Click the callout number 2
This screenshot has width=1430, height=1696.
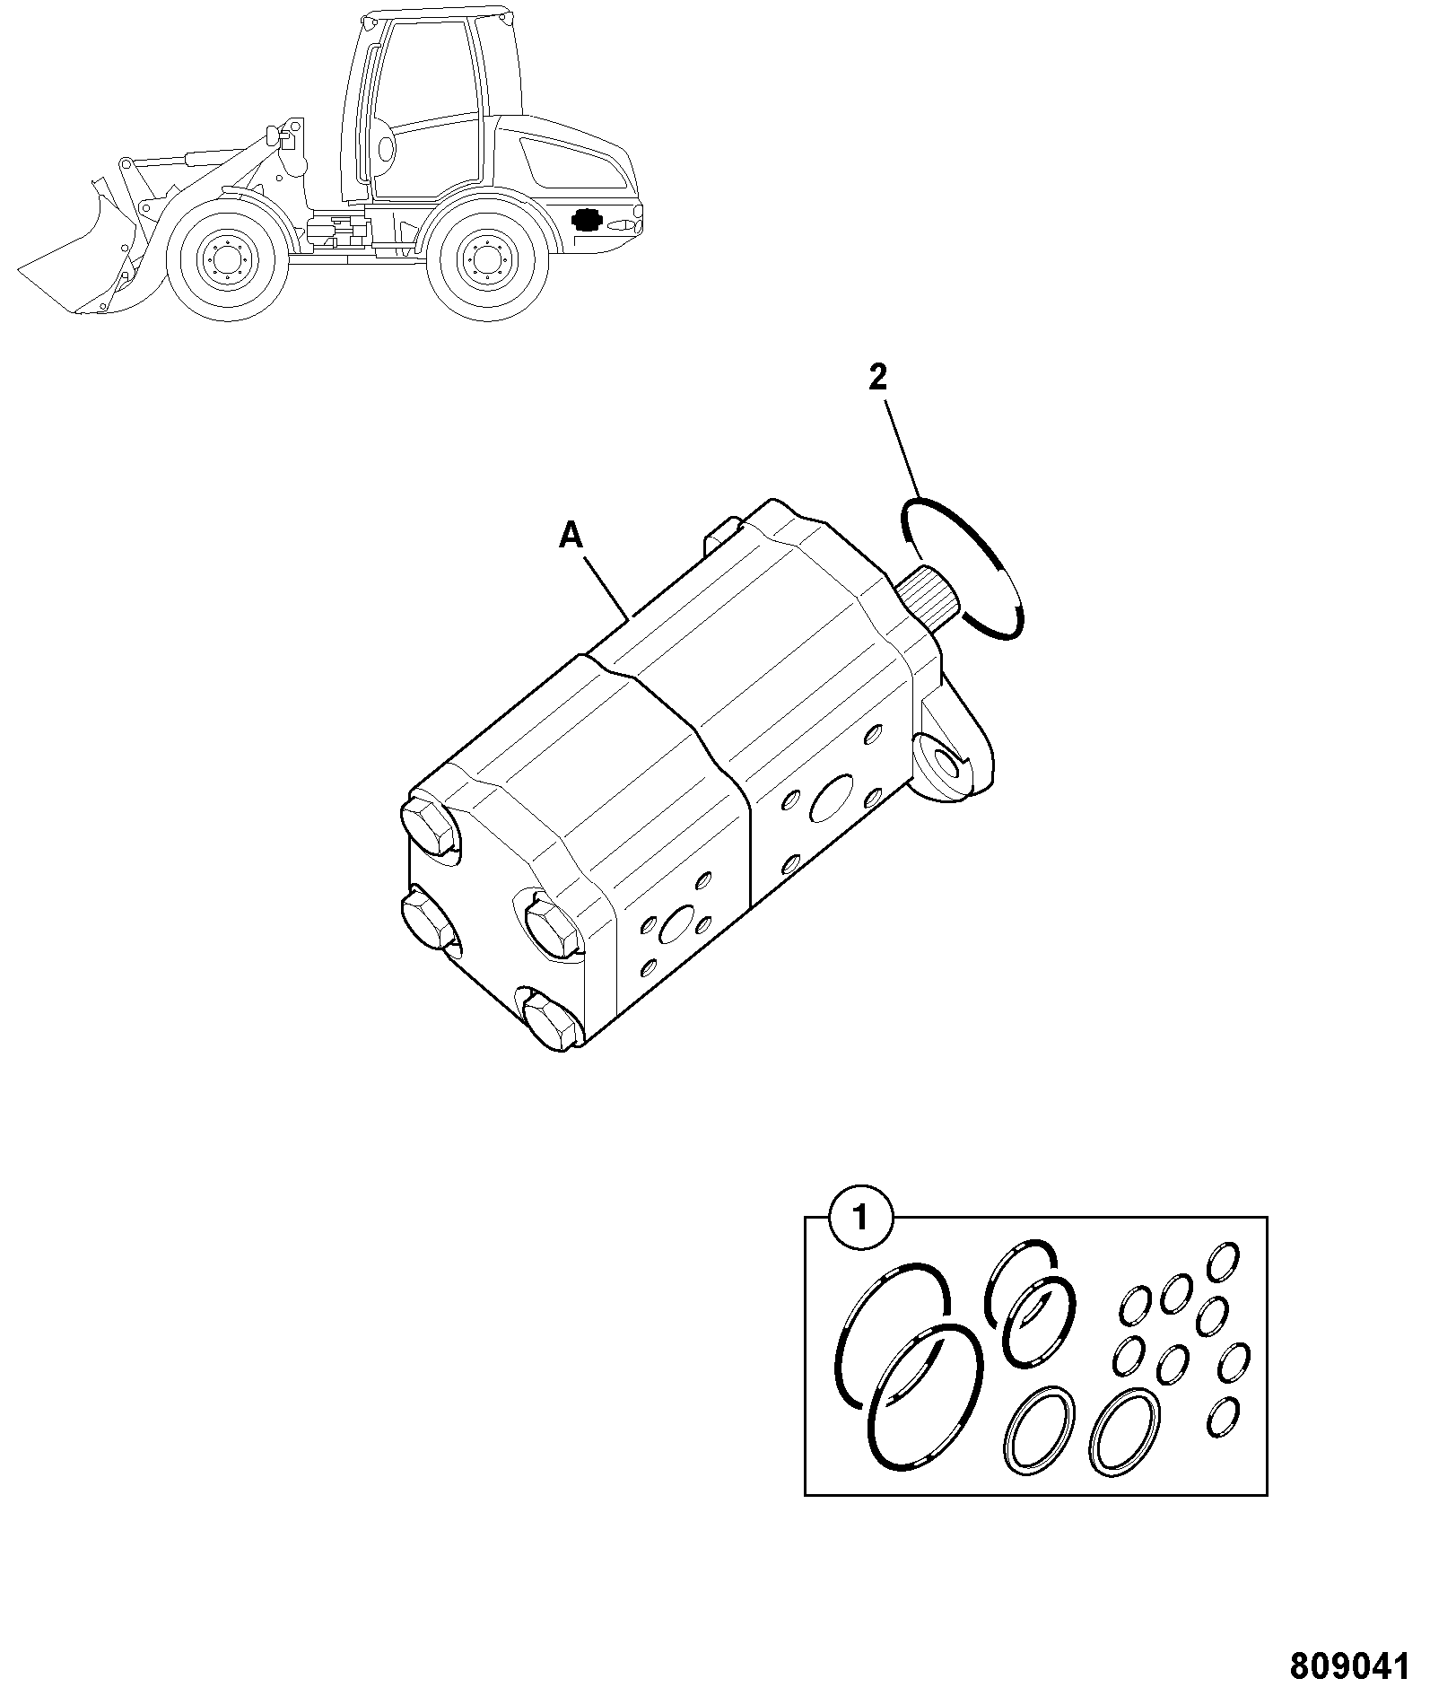[877, 377]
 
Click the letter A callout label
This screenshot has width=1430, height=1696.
[571, 537]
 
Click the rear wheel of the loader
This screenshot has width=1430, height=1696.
[488, 258]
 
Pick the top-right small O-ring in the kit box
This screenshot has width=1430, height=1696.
[1224, 1262]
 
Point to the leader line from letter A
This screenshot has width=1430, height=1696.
[607, 587]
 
